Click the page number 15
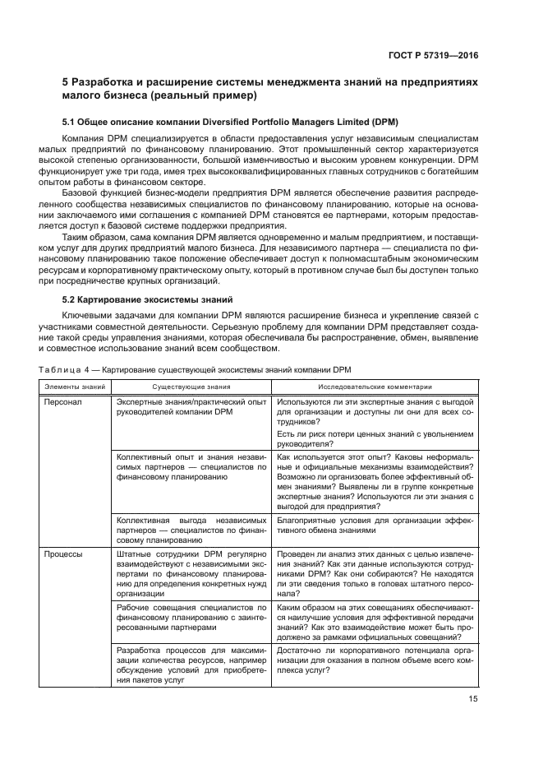click(472, 699)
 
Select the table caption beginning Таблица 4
click(195, 369)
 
